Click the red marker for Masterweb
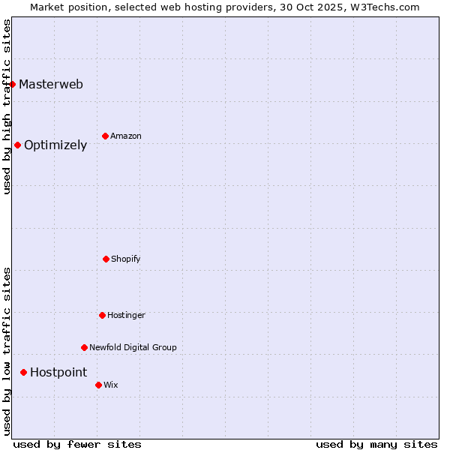(13, 84)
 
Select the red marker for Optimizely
(18, 145)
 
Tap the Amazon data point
(106, 136)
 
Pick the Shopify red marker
(106, 259)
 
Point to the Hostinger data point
(102, 315)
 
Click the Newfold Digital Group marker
(84, 347)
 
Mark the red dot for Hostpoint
(24, 372)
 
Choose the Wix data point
(98, 385)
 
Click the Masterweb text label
(51, 84)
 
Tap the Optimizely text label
(55, 145)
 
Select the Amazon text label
(126, 136)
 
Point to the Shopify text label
(126, 259)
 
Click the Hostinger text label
(126, 315)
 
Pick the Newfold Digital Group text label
(133, 347)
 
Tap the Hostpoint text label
(58, 373)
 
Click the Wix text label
(111, 385)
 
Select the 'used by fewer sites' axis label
(77, 444)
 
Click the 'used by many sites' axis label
(376, 444)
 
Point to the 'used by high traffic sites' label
(7, 106)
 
